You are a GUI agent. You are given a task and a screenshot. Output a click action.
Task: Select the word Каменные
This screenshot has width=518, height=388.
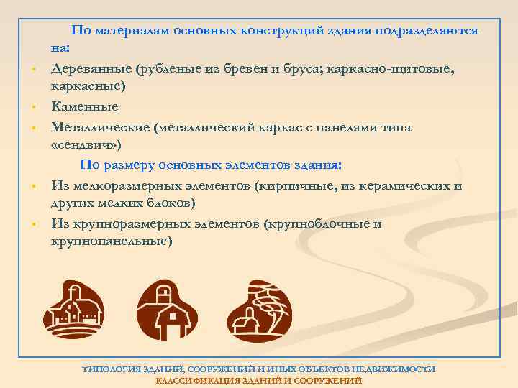click(x=84, y=106)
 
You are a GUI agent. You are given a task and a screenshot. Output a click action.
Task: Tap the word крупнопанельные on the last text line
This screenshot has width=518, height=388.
click(x=112, y=241)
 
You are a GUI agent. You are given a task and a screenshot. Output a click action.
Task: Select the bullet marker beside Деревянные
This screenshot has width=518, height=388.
click(x=34, y=69)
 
